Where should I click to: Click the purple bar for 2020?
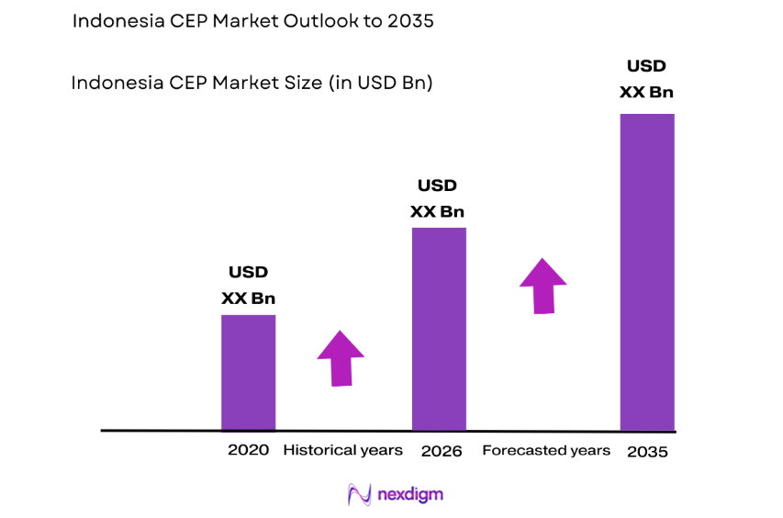pos(248,372)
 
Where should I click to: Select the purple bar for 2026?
pos(439,329)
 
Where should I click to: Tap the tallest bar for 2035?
pos(647,272)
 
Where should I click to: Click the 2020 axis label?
pos(248,451)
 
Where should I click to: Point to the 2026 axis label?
pos(441,451)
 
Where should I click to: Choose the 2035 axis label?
pos(647,451)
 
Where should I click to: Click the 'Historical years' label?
pos(342,450)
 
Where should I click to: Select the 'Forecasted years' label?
pos(545,450)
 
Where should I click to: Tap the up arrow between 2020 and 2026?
pos(341,357)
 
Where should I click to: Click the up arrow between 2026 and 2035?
pos(543,286)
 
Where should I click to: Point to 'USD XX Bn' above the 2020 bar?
pos(248,286)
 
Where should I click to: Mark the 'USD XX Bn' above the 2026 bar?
pos(437,199)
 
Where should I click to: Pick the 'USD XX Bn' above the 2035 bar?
pos(646,80)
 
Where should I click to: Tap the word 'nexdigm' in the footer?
pos(410,494)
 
